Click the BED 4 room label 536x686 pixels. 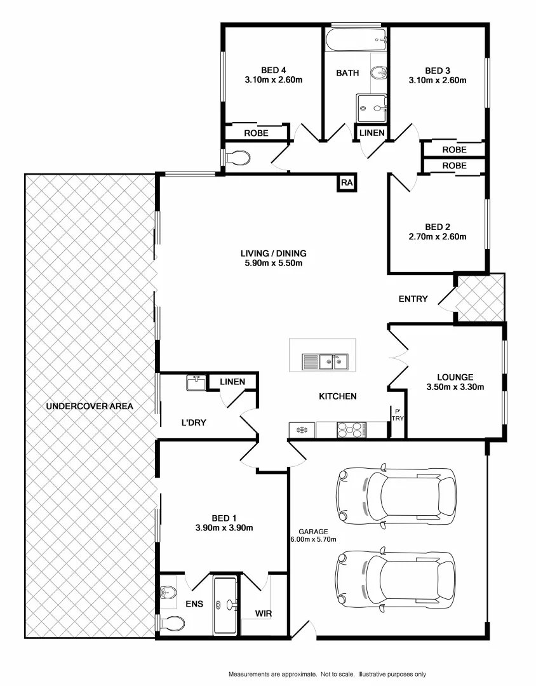pyautogui.click(x=273, y=70)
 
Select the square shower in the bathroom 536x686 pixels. pyautogui.click(x=372, y=108)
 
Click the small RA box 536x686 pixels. pyautogui.click(x=346, y=183)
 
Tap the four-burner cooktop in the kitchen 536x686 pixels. pyautogui.click(x=351, y=431)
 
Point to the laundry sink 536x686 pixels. pyautogui.click(x=196, y=382)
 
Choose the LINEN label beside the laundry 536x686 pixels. pyautogui.click(x=232, y=381)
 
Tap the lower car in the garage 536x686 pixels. pyautogui.click(x=396, y=579)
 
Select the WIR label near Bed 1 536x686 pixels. pyautogui.click(x=264, y=614)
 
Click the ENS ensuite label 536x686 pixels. pyautogui.click(x=194, y=604)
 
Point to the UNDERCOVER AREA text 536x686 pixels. pyautogui.click(x=89, y=406)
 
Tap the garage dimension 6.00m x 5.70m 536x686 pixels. pyautogui.click(x=313, y=539)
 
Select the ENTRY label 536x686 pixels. pyautogui.click(x=413, y=299)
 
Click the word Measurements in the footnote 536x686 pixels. pyautogui.click(x=250, y=673)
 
